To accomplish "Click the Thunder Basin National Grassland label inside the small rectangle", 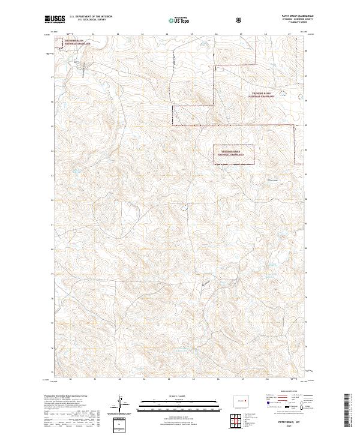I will coord(233,152).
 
